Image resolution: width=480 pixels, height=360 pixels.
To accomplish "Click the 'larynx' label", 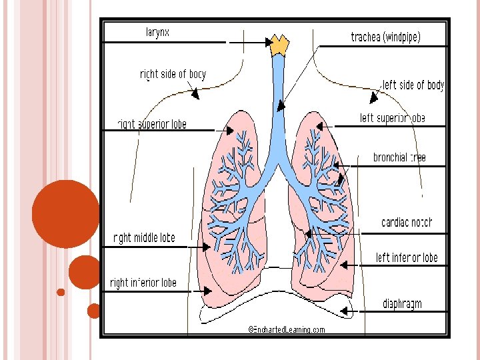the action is [x=157, y=32].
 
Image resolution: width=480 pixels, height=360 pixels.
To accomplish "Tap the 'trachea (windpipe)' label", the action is [x=385, y=37].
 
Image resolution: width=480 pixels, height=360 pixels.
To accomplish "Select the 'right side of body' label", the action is [x=173, y=75].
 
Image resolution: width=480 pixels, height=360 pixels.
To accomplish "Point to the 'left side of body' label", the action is [x=413, y=85].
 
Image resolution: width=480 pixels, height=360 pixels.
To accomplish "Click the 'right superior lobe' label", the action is [x=152, y=124].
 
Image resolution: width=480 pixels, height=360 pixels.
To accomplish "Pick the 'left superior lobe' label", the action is [x=392, y=119].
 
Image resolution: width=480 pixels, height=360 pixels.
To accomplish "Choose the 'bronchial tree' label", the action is [x=399, y=158].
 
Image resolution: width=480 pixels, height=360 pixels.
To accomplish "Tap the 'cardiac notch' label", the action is [x=406, y=222].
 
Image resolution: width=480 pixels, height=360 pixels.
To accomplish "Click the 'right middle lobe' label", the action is [x=144, y=238].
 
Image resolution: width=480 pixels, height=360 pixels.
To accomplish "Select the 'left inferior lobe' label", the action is [x=407, y=258].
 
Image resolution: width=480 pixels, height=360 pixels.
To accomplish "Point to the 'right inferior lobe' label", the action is [x=143, y=283].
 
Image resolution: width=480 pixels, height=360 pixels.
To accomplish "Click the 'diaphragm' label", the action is [x=402, y=304].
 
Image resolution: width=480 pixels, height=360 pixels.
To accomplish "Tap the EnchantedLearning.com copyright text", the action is [x=287, y=329].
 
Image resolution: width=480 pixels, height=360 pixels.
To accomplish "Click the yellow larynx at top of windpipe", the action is [x=279, y=45].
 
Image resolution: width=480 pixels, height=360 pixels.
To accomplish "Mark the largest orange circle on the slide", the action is [x=65, y=213].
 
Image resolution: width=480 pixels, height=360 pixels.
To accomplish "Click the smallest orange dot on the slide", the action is [x=61, y=292].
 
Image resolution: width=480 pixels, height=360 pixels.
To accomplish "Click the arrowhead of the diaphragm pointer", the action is [x=344, y=311].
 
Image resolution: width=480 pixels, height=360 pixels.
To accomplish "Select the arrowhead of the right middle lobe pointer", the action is [x=207, y=247].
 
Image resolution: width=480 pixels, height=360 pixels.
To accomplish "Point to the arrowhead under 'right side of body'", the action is [x=195, y=94].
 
